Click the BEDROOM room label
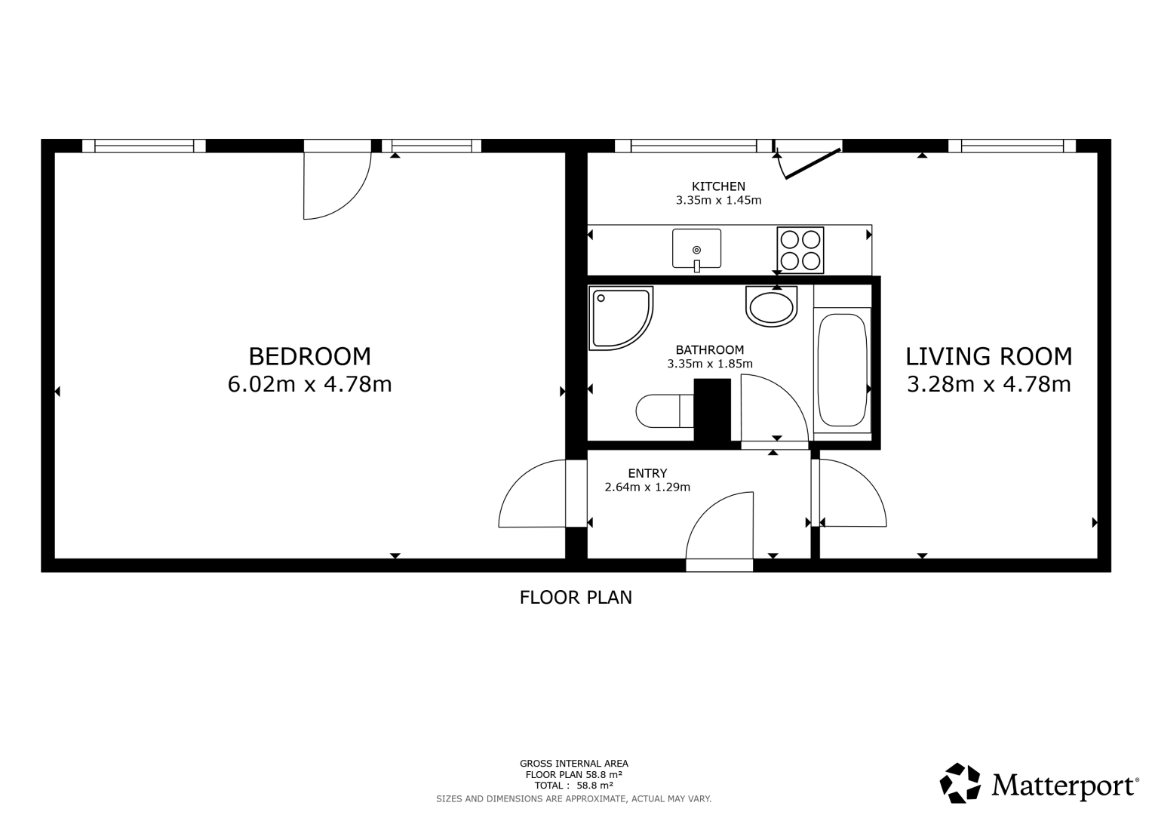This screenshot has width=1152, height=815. pos(309,356)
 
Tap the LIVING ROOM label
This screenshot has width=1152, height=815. pos(989,356)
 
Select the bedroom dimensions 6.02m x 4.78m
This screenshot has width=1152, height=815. pos(309,384)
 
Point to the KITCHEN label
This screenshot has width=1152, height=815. pos(718,186)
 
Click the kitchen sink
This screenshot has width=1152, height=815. pos(696,250)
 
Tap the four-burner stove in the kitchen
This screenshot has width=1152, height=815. pos(800,250)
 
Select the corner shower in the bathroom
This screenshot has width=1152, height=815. pos(621,318)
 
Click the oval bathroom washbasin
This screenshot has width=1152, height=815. pos(772,306)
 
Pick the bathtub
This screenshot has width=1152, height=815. pos(843,370)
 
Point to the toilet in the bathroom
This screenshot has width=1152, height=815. pos(665,411)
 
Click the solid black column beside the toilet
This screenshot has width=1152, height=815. pos(712,410)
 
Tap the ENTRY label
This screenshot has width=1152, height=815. pos(647,473)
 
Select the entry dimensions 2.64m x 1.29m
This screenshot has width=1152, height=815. pos(647,487)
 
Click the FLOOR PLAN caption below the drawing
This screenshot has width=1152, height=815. pos(576,598)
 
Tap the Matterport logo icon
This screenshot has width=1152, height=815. pos(960,783)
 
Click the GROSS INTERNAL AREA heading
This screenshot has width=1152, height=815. pos(574,764)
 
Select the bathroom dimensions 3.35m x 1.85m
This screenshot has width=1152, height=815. pos(710,364)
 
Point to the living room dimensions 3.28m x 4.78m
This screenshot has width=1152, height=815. pos(989,384)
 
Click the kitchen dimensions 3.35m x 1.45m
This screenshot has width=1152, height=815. pos(718,200)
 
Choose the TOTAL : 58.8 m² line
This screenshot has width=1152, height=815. pos(574,786)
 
